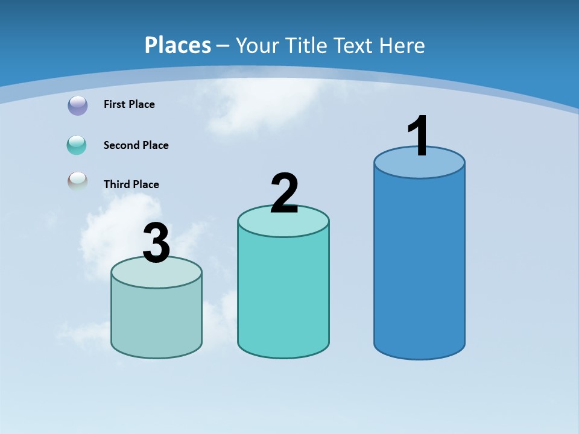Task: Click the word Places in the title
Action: coord(178,45)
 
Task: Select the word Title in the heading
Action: coord(305,45)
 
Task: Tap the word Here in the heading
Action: coord(402,45)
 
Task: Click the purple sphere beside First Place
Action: coord(77,105)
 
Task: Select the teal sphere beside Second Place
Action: coord(77,145)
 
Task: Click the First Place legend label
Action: coord(129,104)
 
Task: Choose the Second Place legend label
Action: coord(136,145)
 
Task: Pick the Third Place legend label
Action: coord(131,184)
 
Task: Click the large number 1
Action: coord(419,136)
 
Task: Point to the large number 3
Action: coord(156,244)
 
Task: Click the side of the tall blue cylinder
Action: coord(419,265)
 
